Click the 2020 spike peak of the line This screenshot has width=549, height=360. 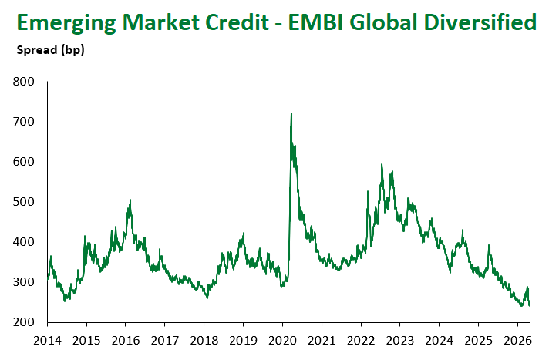tap(291, 113)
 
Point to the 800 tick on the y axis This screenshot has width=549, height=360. tap(24, 81)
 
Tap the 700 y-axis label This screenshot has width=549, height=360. tap(24, 121)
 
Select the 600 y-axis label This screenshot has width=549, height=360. tap(24, 161)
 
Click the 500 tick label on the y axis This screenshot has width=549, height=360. tap(24, 201)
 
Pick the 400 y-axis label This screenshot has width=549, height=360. tap(24, 241)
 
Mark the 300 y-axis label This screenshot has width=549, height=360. tap(24, 281)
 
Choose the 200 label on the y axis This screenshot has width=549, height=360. tap(24, 321)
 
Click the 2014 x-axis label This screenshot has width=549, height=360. tap(47, 340)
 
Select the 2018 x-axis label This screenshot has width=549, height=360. tap(204, 340)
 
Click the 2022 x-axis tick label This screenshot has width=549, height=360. tap(361, 340)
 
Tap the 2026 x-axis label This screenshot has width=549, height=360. tap(517, 340)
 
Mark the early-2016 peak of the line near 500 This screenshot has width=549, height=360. tap(130, 200)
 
